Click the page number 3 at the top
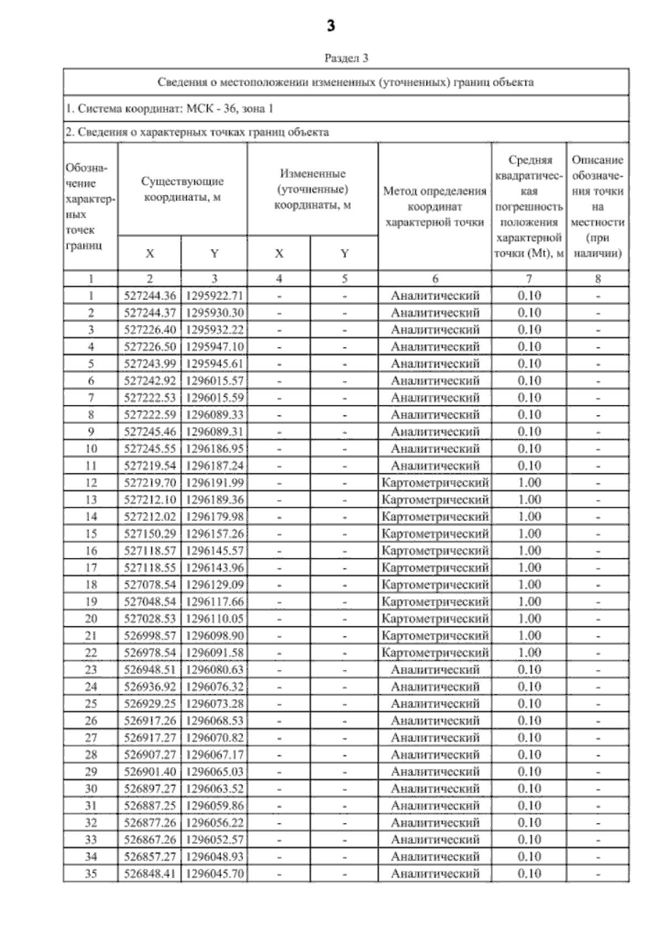331,26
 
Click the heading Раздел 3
346,58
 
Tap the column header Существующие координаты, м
182,189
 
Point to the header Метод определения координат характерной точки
434,207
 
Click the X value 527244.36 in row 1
150,296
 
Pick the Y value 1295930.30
214,313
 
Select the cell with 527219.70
150,483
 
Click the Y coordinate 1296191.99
214,483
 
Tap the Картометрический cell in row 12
435,483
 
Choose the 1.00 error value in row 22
529,653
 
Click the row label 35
91,874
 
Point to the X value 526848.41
150,874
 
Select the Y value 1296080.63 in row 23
214,670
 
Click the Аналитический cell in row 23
435,670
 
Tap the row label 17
91,568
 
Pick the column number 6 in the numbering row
435,279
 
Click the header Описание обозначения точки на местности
597,207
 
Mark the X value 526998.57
150,636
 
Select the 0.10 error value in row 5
529,363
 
